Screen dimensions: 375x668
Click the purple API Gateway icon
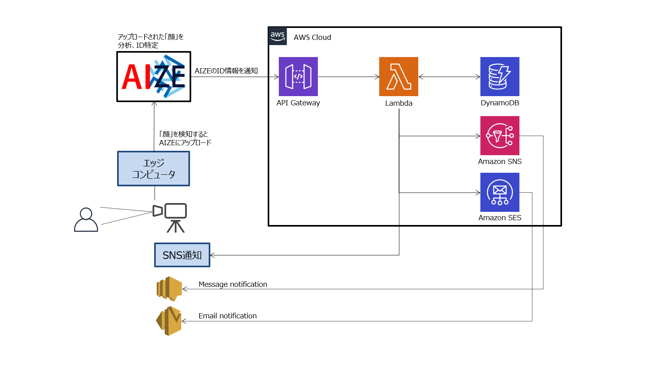coord(298,76)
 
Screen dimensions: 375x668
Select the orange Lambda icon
coord(398,76)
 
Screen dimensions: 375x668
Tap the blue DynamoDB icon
coord(500,76)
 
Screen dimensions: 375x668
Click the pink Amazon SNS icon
coord(500,135)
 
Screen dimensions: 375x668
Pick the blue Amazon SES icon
coord(500,192)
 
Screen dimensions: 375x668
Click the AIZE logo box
coord(154,77)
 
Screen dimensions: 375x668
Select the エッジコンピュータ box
coord(153,168)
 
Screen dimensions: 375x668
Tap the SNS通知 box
coord(182,255)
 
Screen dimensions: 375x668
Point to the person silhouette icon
coord(86,219)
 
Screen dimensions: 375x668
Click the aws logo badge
coord(278,36)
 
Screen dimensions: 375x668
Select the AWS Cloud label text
coord(312,37)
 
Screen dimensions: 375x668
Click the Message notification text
coord(233,284)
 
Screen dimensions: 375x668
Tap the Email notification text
coord(227,316)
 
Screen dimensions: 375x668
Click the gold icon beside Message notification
coord(169,288)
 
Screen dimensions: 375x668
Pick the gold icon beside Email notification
coord(169,321)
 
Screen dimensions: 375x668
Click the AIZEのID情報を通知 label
coord(226,71)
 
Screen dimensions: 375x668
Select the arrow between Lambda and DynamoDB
coord(449,77)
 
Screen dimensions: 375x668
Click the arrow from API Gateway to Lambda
coord(348,77)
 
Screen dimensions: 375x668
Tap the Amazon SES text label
coord(500,218)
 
